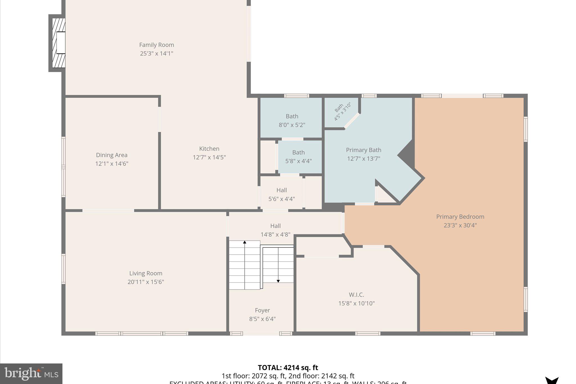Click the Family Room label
click(x=156, y=45)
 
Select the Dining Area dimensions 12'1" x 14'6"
click(x=112, y=164)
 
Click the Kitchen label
click(x=209, y=149)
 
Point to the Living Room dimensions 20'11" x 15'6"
click(x=145, y=282)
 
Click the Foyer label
click(x=262, y=310)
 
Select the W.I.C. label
click(x=356, y=295)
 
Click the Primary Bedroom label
click(x=460, y=217)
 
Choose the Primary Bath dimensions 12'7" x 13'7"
click(x=363, y=159)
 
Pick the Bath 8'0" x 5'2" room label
click(x=292, y=116)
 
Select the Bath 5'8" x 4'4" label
click(x=298, y=152)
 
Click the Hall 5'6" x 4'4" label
click(x=282, y=190)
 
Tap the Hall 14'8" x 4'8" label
click(x=275, y=226)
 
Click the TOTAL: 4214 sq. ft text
click(x=288, y=368)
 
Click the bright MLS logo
click(x=31, y=374)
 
